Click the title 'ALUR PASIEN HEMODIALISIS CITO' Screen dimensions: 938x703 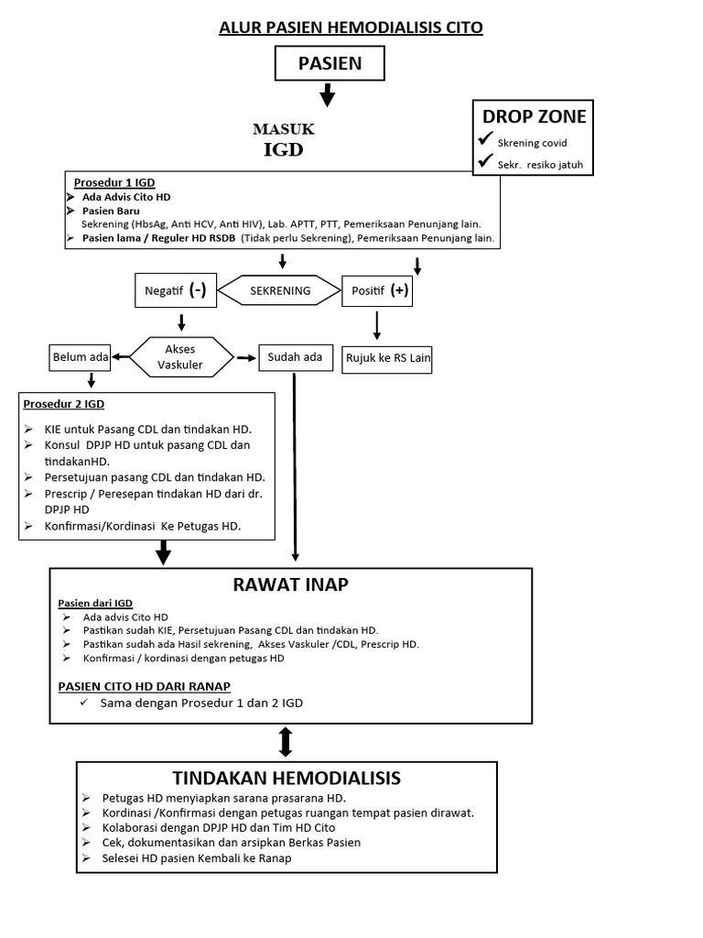[351, 27]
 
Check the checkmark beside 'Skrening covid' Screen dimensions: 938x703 [485, 141]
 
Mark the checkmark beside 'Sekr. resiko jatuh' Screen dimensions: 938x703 [485, 164]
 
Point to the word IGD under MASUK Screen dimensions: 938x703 [283, 150]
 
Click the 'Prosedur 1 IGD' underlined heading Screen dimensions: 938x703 [114, 183]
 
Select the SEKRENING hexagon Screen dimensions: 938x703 [280, 291]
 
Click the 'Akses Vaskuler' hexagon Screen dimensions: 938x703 [179, 356]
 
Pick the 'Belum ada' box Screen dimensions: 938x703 [81, 357]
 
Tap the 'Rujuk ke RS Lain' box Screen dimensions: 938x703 [387, 359]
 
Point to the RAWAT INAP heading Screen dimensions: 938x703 [290, 584]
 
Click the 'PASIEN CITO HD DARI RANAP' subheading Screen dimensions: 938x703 [145, 685]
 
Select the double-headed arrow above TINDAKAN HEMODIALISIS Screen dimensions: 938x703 [285, 741]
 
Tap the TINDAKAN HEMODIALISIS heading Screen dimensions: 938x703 [287, 779]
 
